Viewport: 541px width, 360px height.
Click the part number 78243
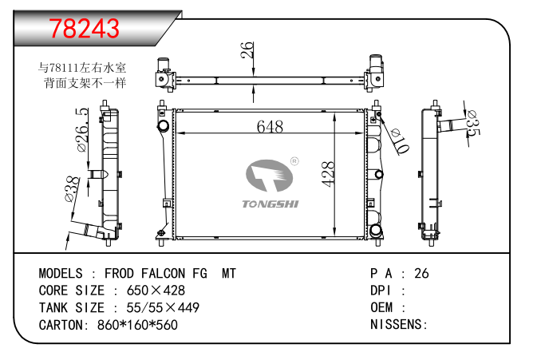coord(85,28)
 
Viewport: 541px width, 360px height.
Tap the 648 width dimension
coord(270,127)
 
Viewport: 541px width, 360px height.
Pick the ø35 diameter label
coord(471,123)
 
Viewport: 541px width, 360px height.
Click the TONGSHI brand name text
coord(270,204)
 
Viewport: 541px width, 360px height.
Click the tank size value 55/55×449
coord(156,307)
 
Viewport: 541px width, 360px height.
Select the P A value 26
coord(421,274)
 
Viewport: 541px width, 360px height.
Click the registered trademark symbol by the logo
coord(294,161)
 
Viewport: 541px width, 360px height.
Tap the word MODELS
coord(62,274)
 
